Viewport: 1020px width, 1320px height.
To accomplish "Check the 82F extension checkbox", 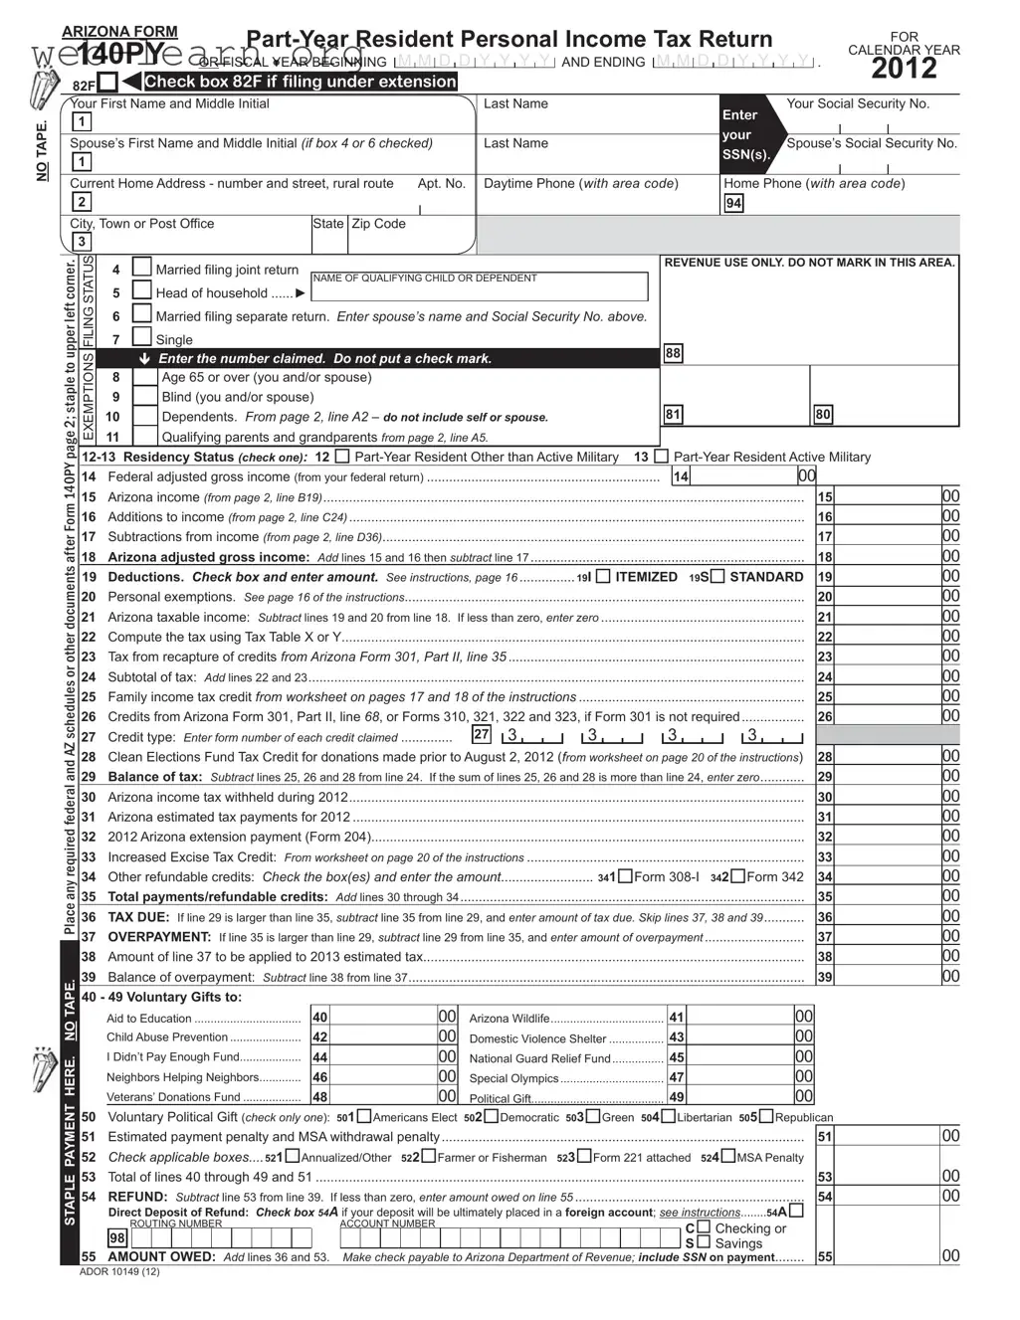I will (108, 83).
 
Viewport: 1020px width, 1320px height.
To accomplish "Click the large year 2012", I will (904, 69).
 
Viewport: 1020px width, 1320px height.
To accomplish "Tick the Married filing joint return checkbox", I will (142, 268).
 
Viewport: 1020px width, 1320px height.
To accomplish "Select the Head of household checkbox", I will (142, 291).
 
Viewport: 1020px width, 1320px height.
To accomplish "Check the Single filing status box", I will (142, 338).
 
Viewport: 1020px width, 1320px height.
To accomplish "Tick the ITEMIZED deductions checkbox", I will (603, 577).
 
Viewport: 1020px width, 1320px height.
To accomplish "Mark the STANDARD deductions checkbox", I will (716, 577).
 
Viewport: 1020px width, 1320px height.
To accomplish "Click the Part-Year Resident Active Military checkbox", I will (661, 457).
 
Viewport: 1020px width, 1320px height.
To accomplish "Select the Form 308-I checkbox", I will (625, 876).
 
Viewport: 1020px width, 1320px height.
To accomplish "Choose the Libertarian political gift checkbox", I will (668, 1116).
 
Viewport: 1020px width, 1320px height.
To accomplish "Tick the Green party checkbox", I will (593, 1116).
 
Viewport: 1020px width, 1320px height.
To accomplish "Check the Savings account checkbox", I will (704, 1242).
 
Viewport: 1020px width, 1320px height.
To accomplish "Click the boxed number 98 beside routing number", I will (117, 1238).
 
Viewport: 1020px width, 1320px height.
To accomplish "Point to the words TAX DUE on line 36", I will (138, 917).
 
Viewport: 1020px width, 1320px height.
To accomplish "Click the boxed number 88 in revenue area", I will (674, 353).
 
